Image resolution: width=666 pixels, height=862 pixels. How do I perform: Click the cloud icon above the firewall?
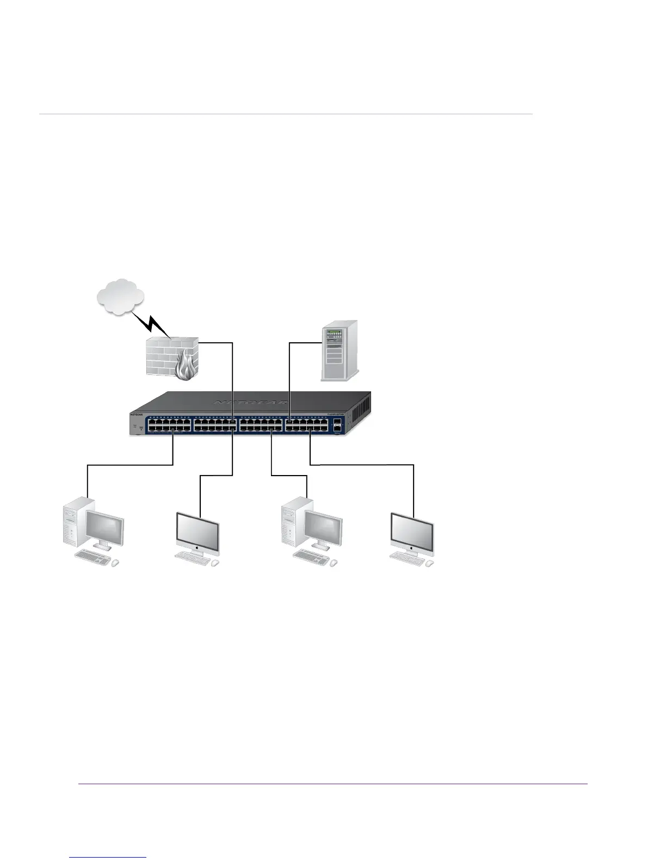click(x=120, y=297)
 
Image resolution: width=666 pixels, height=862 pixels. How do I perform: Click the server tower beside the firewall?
click(x=340, y=352)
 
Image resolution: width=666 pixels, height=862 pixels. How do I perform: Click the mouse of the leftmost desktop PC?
click(x=115, y=564)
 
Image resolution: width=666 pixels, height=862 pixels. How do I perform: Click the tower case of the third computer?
click(x=292, y=522)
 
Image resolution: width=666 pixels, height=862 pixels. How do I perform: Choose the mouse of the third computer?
click(x=334, y=564)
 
